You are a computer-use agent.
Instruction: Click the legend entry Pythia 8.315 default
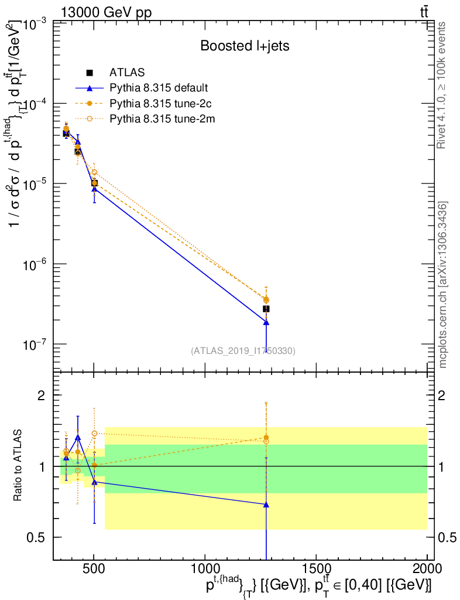tap(159, 88)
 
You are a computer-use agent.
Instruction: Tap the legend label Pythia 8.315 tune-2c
tap(159, 104)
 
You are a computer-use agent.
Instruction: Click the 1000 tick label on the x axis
tap(205, 568)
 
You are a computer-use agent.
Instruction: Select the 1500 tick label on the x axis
tap(316, 568)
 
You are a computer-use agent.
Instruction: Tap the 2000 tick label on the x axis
tap(427, 568)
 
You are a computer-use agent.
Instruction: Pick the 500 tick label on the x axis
tap(94, 568)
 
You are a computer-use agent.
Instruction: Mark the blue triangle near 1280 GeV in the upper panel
tap(266, 322)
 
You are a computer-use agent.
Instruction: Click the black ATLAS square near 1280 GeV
tap(266, 309)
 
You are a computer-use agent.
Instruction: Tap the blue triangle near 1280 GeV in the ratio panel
tap(266, 504)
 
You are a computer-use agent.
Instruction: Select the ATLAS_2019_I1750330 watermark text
tap(243, 351)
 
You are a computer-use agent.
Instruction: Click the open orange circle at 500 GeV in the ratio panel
tap(94, 434)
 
